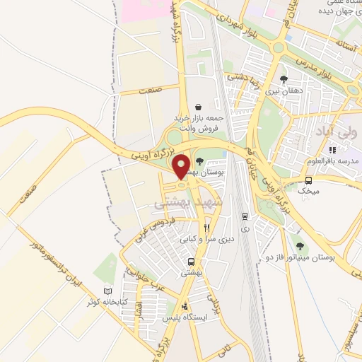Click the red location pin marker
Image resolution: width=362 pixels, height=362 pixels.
pyautogui.click(x=181, y=167)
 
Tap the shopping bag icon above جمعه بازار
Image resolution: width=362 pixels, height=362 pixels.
pyautogui.click(x=198, y=106)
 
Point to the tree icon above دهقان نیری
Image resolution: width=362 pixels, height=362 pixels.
pyautogui.click(x=284, y=79)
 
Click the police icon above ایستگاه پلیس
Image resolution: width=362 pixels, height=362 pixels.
pyautogui.click(x=185, y=306)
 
